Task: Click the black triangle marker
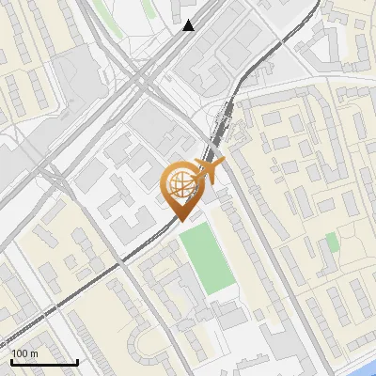189,25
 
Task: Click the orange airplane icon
211,169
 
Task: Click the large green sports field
208,257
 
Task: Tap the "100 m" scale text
24,353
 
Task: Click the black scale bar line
43,362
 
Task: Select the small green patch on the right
332,243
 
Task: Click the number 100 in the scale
20,353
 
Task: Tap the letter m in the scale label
34,353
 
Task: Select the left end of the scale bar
10,362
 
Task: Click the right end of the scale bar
77,362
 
